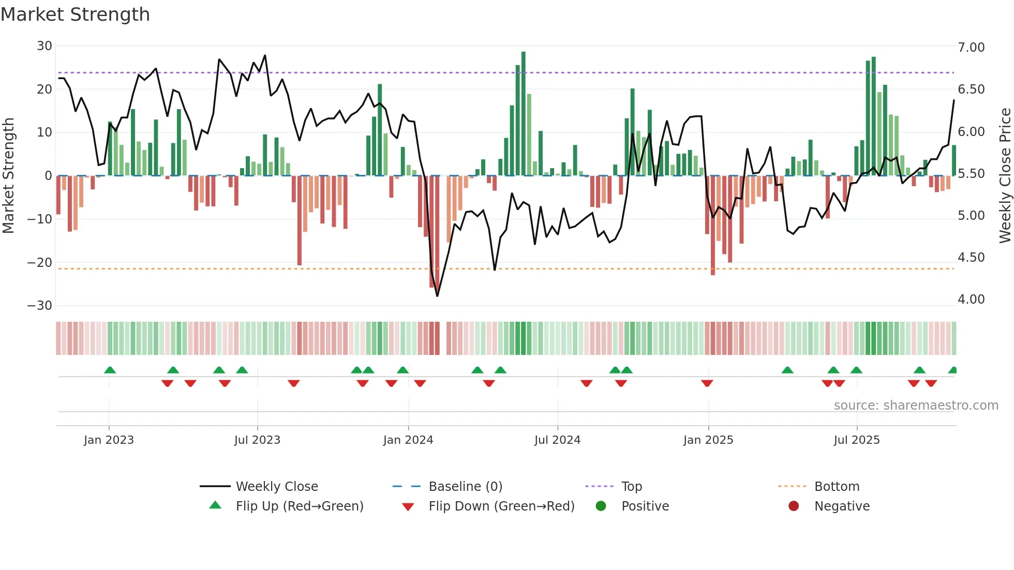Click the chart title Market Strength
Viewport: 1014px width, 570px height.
click(75, 14)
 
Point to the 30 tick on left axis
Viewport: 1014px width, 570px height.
click(44, 46)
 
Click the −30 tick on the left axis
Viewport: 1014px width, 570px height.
click(40, 306)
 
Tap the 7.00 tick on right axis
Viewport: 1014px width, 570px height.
click(971, 48)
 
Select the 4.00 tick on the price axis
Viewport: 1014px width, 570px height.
click(971, 299)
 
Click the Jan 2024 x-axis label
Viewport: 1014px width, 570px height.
click(408, 440)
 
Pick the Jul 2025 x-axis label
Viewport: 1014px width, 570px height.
click(857, 440)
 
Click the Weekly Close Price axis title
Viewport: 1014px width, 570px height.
click(1005, 176)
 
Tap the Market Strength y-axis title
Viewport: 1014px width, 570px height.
click(9, 176)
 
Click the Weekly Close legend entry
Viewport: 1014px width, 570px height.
click(277, 487)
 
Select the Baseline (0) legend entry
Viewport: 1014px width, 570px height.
click(465, 487)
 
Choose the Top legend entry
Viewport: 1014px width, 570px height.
click(631, 487)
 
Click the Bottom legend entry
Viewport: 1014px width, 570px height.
click(837, 487)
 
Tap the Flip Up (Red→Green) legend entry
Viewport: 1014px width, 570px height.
click(300, 506)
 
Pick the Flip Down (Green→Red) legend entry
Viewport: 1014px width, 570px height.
click(501, 506)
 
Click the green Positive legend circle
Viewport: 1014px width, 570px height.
click(601, 506)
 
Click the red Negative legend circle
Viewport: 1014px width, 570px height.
click(794, 506)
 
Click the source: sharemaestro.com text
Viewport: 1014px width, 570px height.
click(916, 406)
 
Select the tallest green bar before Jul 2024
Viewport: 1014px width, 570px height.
click(524, 114)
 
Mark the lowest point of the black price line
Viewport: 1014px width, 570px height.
click(437, 296)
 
